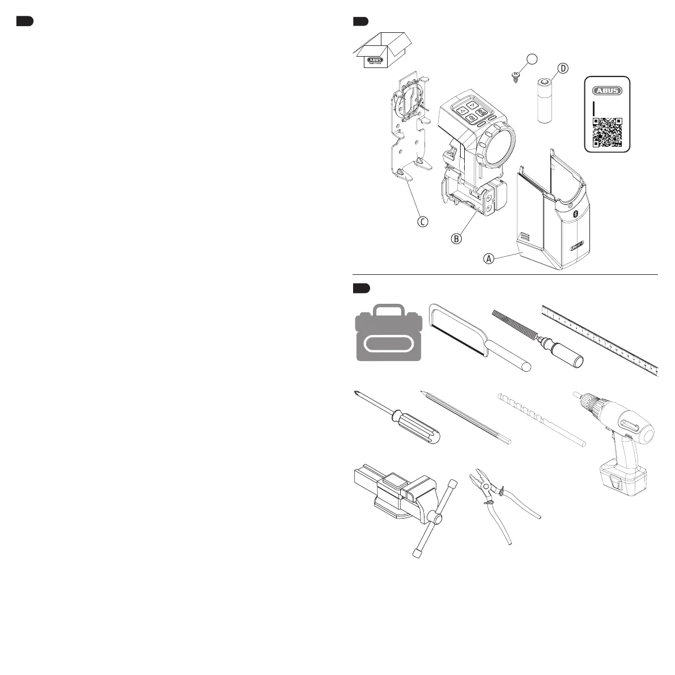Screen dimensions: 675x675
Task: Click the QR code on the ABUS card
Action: (x=607, y=132)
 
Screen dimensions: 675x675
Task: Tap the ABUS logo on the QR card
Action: (x=607, y=90)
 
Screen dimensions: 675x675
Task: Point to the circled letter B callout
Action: (x=456, y=239)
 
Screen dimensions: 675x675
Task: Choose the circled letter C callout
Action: (x=422, y=222)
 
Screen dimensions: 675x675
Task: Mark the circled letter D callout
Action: (x=562, y=69)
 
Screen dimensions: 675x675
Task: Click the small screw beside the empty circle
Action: (x=516, y=77)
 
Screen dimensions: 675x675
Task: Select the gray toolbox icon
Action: (x=389, y=334)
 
